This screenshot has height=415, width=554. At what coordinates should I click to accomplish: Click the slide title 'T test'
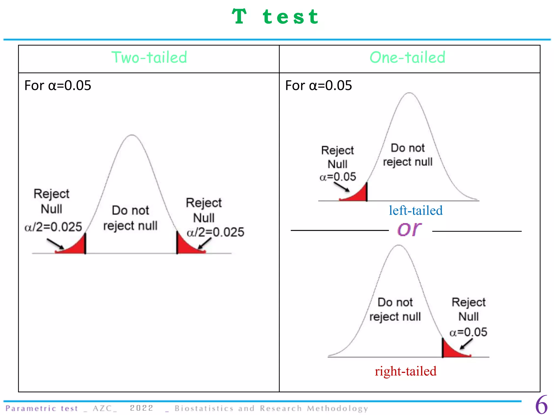pos(275,17)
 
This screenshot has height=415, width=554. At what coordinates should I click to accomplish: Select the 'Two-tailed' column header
pos(149,58)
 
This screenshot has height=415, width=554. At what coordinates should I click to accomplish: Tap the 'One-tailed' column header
pos(407,58)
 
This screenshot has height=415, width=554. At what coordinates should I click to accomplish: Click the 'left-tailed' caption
pos(416,210)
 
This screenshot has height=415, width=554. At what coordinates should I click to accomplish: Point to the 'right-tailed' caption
pos(405,371)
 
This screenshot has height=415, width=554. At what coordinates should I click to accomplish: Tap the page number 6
pos(541,405)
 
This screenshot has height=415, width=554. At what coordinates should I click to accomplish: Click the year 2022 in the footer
pos(141,408)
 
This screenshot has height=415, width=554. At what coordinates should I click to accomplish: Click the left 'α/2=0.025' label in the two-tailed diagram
pos(53,227)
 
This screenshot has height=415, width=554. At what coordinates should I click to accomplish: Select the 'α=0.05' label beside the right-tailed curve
pos(468,332)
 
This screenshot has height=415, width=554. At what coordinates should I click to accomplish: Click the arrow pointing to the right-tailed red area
pos(466,344)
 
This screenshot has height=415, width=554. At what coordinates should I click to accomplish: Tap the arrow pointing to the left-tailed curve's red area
pos(341,187)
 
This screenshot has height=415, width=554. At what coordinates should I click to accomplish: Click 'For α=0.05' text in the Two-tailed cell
pos(58,86)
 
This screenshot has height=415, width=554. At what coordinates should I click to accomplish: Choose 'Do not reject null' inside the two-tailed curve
pos(130,218)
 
